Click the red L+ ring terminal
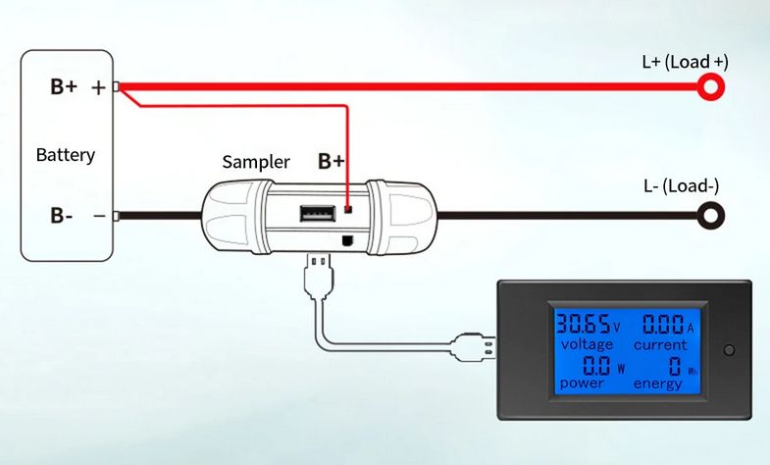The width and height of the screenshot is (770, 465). click(x=711, y=88)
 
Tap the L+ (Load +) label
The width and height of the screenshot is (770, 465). click(x=685, y=62)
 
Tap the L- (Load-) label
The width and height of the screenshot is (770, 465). click(x=682, y=186)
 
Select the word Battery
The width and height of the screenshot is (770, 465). click(x=65, y=155)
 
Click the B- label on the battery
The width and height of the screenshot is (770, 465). click(x=62, y=215)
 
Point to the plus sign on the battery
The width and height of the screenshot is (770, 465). click(x=98, y=87)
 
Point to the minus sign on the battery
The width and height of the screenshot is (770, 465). click(x=98, y=215)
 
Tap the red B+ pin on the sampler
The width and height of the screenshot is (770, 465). click(x=348, y=210)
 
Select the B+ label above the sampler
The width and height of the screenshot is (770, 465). click(x=332, y=161)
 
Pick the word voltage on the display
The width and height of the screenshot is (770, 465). click(x=587, y=345)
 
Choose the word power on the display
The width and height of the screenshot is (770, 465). click(x=582, y=384)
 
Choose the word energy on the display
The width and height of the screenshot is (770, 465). click(x=657, y=384)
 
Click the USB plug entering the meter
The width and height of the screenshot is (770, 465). click(x=475, y=348)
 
